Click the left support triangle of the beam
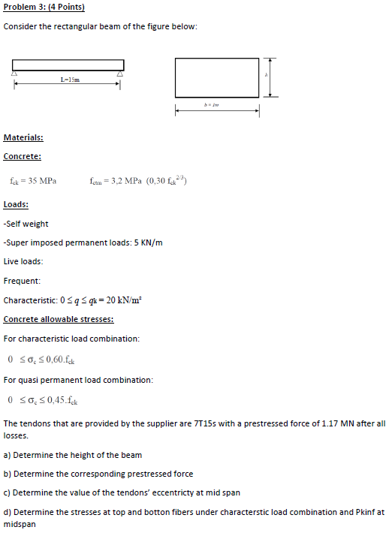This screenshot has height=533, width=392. coord(14,74)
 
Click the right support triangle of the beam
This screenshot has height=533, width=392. coord(120,74)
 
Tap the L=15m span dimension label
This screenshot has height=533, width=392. coord(70,79)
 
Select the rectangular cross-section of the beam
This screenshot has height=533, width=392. coord(216,76)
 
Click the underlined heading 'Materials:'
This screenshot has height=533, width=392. coord(23,137)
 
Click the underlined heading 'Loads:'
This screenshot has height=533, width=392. coord(17,204)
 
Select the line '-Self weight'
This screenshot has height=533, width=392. coord(26,224)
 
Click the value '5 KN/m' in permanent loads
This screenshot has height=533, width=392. coord(148,242)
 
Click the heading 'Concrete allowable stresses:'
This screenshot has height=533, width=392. coord(59,319)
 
